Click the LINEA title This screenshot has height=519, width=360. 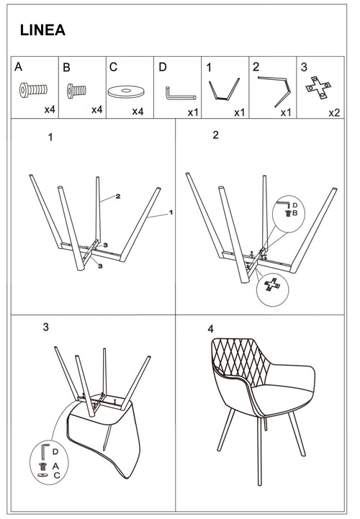click(42, 30)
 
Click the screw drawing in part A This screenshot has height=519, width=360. click(33, 92)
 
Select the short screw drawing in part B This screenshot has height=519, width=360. click(77, 91)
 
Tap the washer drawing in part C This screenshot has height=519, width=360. click(126, 92)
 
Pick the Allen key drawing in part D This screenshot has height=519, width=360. click(180, 94)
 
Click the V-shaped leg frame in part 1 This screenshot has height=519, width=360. click(223, 91)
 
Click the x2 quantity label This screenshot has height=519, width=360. click(334, 112)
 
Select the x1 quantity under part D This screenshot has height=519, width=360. click(193, 112)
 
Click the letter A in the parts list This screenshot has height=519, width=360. click(19, 67)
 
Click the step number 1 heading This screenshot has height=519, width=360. click(50, 137)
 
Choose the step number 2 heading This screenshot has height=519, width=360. click(215, 135)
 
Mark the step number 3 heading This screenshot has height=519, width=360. click(45, 327)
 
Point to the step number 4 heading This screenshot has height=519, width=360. click(210, 328)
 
